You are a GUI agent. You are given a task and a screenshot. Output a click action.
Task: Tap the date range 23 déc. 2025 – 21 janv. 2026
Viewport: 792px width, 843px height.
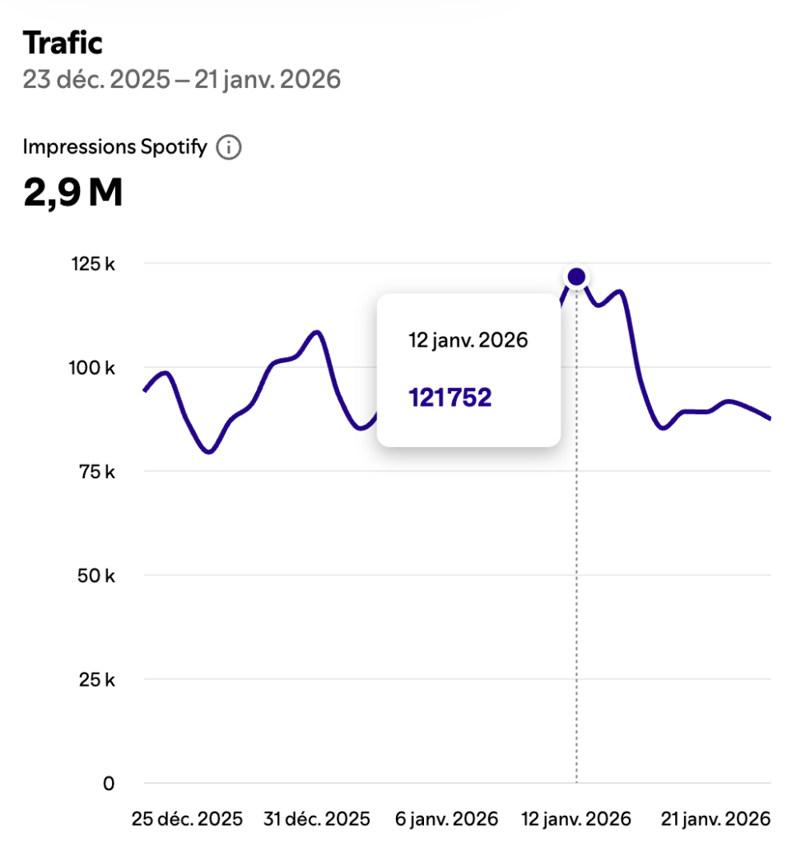[181, 80]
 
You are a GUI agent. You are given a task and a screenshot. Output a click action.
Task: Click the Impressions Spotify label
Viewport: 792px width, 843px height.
[114, 147]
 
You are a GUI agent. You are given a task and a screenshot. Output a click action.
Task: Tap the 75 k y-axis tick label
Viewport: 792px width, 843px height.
[100, 472]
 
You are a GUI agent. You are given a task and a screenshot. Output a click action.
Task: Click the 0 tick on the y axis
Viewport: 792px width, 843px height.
[109, 784]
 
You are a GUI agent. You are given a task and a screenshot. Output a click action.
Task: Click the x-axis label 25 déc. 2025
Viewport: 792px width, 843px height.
[188, 819]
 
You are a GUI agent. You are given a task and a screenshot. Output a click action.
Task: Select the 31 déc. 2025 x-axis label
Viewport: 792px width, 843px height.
[317, 819]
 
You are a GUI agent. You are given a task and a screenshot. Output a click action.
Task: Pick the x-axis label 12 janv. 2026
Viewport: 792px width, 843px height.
[577, 819]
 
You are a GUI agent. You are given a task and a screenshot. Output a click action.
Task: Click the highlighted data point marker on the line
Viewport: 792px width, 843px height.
[576, 277]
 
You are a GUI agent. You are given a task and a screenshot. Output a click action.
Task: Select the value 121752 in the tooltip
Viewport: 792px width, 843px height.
[450, 398]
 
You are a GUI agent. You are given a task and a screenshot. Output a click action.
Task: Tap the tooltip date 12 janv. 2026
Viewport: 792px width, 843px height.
[468, 340]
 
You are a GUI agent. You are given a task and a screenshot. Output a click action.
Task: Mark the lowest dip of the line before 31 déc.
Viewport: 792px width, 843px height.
[209, 452]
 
